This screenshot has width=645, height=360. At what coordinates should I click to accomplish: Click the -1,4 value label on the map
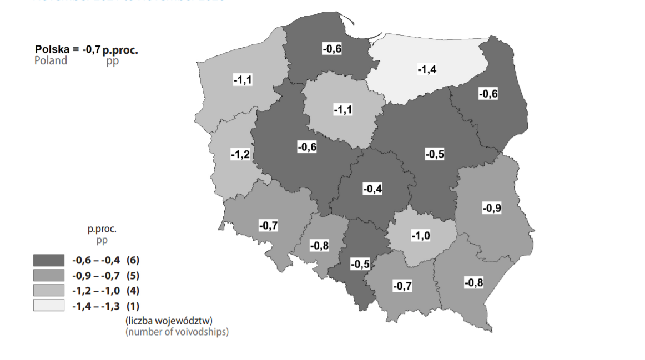tap(426, 69)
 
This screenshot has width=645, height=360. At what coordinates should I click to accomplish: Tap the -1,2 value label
tap(240, 155)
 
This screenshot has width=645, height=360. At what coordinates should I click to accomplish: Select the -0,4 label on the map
tap(372, 189)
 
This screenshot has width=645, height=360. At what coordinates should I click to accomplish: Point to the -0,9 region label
tap(492, 209)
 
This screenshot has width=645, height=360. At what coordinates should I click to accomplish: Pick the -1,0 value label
tap(420, 236)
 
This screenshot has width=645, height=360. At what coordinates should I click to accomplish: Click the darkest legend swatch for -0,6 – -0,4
tap(48, 260)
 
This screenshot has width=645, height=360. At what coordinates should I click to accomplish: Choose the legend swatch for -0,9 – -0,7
tap(48, 275)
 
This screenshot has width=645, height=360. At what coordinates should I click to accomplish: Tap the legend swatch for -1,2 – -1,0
tap(48, 290)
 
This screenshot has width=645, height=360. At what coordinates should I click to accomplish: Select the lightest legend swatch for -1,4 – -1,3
tap(48, 305)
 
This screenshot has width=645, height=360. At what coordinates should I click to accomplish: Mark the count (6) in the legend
tap(132, 260)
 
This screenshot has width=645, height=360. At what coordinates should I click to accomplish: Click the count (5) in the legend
tap(132, 275)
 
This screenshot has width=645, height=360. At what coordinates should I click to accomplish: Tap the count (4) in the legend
tap(132, 290)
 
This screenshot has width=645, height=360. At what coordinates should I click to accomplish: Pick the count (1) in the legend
tap(132, 305)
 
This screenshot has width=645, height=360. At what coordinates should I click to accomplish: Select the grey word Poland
tap(51, 60)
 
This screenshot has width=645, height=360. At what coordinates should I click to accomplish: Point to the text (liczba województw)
tap(169, 321)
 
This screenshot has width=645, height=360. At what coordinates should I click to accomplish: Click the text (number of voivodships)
tap(177, 332)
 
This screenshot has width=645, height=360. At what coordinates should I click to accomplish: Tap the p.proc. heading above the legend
tap(102, 229)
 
